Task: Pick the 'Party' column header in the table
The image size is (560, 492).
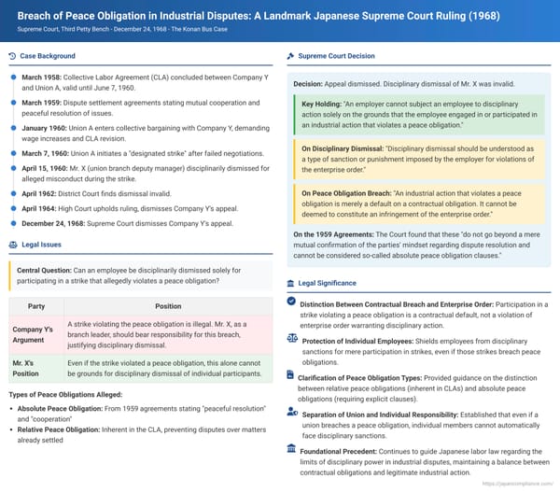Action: click(37, 305)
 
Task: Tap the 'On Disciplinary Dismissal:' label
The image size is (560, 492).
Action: click(343, 148)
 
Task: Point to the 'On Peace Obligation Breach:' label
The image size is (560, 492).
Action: click(348, 192)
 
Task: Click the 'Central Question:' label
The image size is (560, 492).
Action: click(47, 270)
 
